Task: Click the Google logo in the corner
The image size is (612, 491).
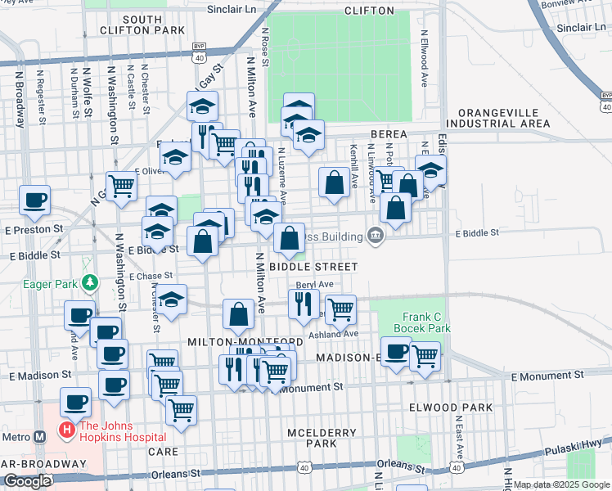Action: [26, 481]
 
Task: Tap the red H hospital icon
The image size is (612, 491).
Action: [64, 429]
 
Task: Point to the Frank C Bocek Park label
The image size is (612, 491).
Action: [426, 322]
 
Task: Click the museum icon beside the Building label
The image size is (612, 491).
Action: [376, 237]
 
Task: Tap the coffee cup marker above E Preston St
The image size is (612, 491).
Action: [35, 200]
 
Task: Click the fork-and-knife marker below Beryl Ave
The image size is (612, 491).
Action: [304, 304]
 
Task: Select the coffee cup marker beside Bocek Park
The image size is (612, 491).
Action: [397, 352]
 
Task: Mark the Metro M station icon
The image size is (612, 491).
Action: [38, 437]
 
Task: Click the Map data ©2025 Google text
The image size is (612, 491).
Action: [561, 484]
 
